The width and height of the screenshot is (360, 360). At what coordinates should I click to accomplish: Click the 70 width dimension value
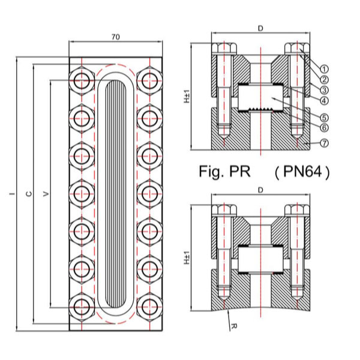(x=115, y=37)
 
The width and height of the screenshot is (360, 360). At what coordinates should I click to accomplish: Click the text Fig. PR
(x=223, y=172)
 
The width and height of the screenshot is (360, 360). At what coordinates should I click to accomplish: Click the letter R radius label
(x=232, y=328)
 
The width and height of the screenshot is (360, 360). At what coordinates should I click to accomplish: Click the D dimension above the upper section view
(x=260, y=28)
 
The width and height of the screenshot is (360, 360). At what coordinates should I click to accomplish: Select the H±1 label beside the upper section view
(x=187, y=96)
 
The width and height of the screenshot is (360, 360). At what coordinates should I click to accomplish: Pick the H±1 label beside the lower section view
(x=187, y=257)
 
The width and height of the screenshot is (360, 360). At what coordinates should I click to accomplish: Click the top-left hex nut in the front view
(x=81, y=78)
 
